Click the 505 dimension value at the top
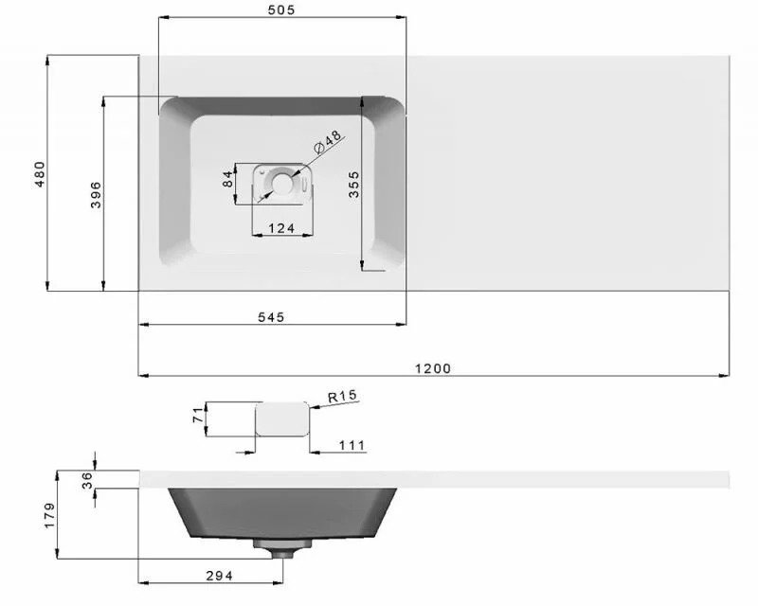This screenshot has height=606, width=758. point(280,9)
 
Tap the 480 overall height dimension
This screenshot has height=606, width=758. point(40,174)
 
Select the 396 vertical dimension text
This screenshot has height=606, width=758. point(96,195)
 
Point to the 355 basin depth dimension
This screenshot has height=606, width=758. point(353,184)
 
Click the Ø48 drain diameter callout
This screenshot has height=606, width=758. point(328,142)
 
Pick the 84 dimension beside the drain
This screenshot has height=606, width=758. point(228,179)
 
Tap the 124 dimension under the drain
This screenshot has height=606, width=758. point(281,227)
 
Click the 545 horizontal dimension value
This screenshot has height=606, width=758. point(271,317)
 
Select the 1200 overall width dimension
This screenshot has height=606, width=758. point(433,368)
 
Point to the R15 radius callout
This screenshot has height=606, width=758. point(343,397)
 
